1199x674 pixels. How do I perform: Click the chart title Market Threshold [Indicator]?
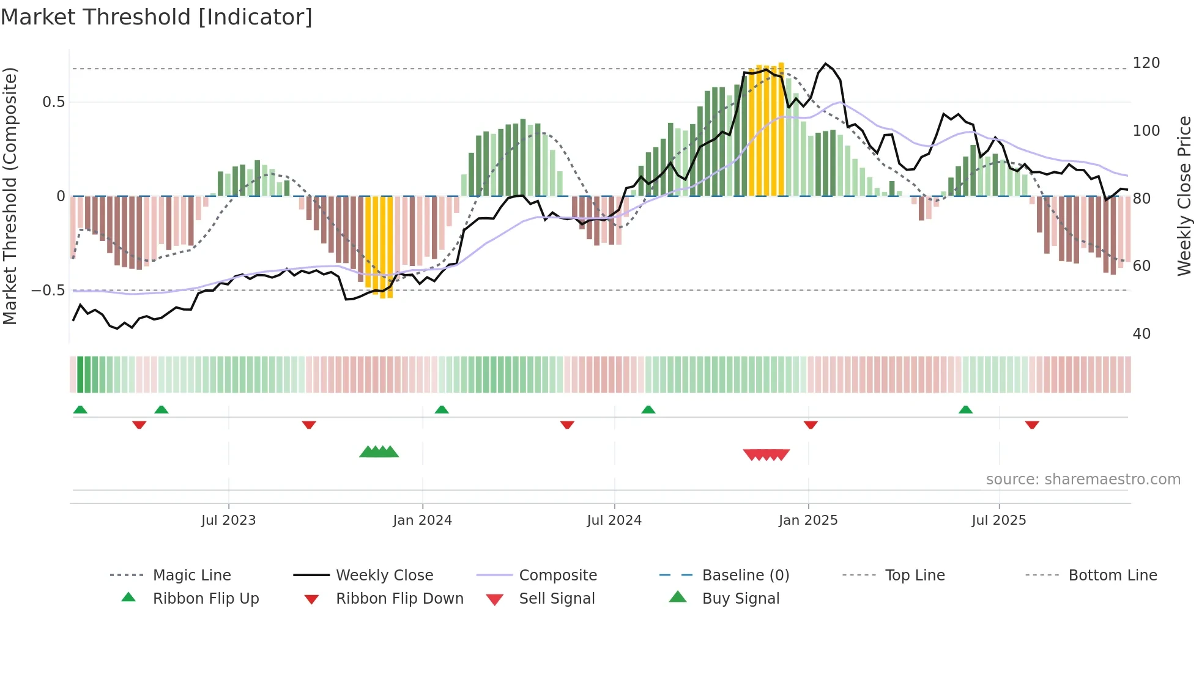(x=157, y=17)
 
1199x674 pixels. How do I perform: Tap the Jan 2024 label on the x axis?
(x=422, y=520)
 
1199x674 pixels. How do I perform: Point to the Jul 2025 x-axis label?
(x=998, y=520)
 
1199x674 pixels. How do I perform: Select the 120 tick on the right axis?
(x=1146, y=63)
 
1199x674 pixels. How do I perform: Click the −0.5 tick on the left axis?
(x=48, y=291)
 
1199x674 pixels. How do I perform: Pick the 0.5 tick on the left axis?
(x=53, y=102)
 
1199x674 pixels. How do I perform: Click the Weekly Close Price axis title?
(x=1184, y=196)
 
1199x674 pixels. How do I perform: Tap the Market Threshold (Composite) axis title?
(x=10, y=196)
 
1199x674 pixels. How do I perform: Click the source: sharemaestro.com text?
(x=1083, y=480)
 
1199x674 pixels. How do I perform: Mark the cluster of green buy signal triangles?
(x=379, y=452)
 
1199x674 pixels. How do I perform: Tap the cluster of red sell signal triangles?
(x=766, y=454)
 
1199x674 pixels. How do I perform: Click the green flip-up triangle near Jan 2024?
(x=442, y=410)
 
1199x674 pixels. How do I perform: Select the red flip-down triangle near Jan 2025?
(x=811, y=424)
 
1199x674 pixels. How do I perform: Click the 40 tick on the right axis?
(x=1141, y=334)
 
